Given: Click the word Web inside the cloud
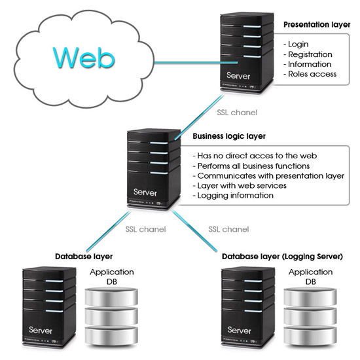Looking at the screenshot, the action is click(x=84, y=58).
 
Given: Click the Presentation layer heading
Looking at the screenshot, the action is click(x=317, y=25).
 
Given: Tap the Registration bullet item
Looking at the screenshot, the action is click(x=308, y=54).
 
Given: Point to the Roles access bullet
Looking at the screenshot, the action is click(x=310, y=74).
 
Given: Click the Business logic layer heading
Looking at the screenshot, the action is click(x=229, y=136).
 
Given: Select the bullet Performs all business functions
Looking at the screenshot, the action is click(x=251, y=166).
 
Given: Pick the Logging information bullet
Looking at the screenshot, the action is click(x=233, y=196).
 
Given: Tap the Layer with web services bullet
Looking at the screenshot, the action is click(x=240, y=185).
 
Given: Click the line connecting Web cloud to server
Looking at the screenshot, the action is click(x=196, y=62).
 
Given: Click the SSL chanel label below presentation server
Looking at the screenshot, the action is click(x=237, y=113).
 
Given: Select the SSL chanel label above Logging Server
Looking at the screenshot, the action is click(x=228, y=229).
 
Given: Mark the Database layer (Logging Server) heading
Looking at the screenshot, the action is click(x=282, y=257).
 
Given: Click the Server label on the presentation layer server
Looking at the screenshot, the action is click(x=238, y=76).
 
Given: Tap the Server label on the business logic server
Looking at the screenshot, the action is click(x=145, y=192).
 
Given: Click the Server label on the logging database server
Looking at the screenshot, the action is click(x=239, y=330).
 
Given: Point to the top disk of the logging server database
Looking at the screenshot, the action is click(x=310, y=297).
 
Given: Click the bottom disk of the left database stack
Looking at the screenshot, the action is click(x=111, y=335).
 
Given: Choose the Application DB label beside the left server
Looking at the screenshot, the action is click(x=112, y=277).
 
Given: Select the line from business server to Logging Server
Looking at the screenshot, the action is click(x=194, y=230).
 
